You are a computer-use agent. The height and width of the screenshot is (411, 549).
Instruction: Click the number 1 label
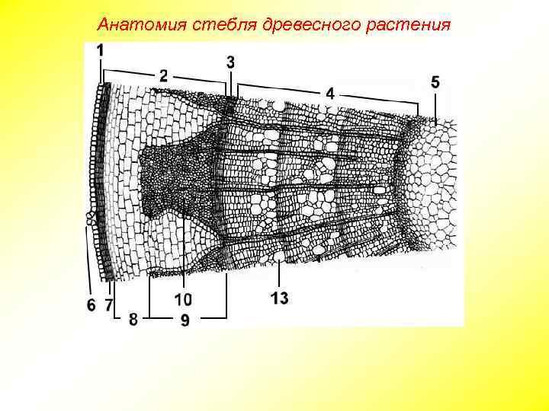pyautogui.click(x=101, y=49)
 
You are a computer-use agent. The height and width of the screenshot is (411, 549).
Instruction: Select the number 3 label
pyautogui.click(x=230, y=60)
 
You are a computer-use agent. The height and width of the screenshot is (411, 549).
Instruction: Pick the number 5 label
pyautogui.click(x=435, y=81)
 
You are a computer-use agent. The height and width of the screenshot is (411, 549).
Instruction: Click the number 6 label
pyautogui.click(x=91, y=305)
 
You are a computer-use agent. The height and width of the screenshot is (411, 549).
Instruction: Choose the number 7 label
pyautogui.click(x=108, y=305)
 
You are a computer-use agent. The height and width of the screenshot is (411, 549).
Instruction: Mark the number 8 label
pyautogui.click(x=133, y=320)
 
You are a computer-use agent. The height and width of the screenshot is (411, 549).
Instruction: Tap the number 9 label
pyautogui.click(x=185, y=321)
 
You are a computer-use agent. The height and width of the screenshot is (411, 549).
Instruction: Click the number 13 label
pyautogui.click(x=279, y=298)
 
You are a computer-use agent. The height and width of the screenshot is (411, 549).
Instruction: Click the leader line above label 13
pyautogui.click(x=281, y=273)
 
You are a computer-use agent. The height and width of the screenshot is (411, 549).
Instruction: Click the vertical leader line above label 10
pyautogui.click(x=184, y=251)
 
